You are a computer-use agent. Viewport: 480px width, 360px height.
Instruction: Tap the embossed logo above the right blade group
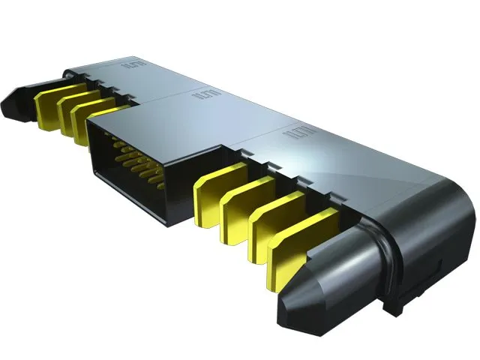coord(294,135)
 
